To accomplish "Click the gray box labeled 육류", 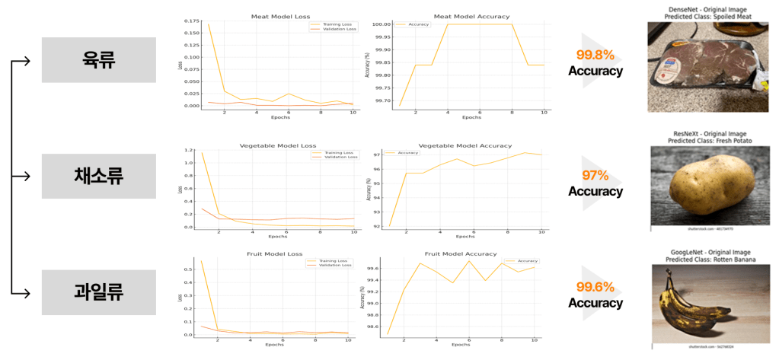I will tap(98, 60).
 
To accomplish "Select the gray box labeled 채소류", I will tap(98, 176).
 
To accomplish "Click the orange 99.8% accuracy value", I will tap(595, 55).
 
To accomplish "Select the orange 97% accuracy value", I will tap(595, 175).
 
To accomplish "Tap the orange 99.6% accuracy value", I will tap(595, 287).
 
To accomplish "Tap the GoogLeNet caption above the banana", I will tap(707, 252).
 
